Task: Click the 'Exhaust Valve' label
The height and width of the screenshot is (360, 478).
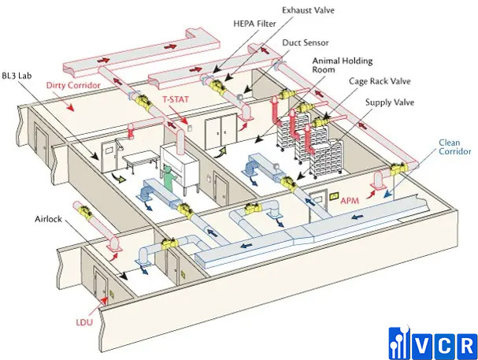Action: [308, 10]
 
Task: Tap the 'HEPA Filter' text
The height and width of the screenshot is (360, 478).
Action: [254, 24]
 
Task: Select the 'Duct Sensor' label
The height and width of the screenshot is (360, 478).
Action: [306, 43]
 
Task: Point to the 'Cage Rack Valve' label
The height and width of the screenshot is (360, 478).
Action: [380, 81]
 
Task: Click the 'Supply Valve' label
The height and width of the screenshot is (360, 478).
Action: [390, 102]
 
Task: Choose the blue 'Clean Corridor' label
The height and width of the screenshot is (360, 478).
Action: [454, 147]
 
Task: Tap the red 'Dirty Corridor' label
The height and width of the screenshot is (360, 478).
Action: [73, 85]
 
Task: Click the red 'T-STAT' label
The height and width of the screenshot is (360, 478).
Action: [176, 99]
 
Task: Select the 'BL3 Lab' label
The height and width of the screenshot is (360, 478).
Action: [17, 76]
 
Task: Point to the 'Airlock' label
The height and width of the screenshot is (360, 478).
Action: [48, 219]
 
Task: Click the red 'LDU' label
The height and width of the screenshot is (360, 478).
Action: [84, 322]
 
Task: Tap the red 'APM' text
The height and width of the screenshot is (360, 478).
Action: [350, 201]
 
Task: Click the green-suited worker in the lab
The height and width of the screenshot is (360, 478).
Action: [167, 179]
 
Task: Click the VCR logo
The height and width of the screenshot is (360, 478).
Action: [433, 343]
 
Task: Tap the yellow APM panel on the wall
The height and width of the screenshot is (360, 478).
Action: [334, 196]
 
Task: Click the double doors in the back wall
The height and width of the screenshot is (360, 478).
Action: [220, 132]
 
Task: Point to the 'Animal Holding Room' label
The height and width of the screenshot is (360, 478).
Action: [342, 65]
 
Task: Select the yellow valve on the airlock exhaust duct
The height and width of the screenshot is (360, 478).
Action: [86, 210]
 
